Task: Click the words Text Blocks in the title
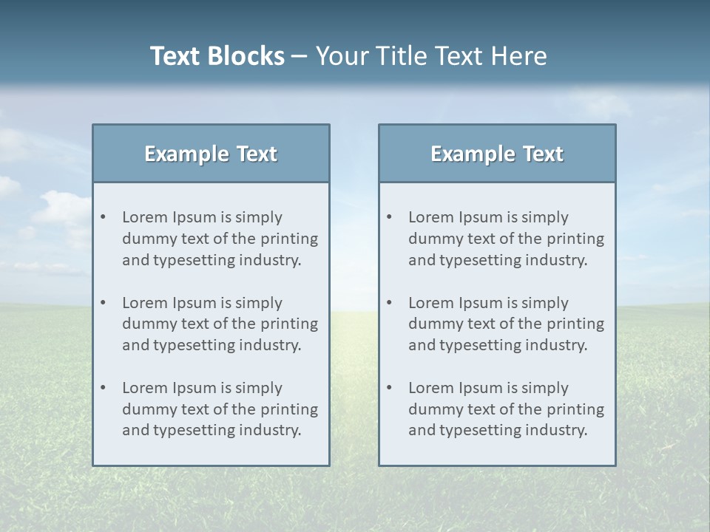coord(217,56)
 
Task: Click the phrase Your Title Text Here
coord(431,56)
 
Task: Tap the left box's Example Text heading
coord(211,154)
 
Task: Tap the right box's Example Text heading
coord(497,154)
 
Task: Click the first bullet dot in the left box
coord(104,217)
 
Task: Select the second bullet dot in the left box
coord(104,303)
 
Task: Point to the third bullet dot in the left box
coord(104,388)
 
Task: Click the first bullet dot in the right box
coord(390,217)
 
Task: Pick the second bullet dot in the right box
coord(390,303)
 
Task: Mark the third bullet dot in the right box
coord(390,388)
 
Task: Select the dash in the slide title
coord(300,56)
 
